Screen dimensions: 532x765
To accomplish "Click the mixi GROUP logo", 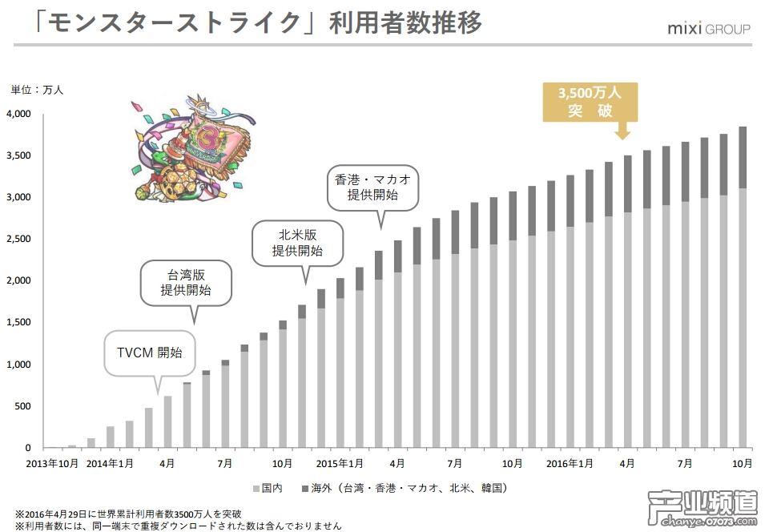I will pos(708,29).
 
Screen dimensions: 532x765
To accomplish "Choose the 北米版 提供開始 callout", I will pos(296,243).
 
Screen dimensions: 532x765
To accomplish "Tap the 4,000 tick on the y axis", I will pos(19,115).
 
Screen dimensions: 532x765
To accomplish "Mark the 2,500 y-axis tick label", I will pos(19,240).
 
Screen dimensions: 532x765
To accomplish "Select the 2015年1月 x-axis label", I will pos(339,463).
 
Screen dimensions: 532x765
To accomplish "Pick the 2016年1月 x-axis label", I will pos(570,463).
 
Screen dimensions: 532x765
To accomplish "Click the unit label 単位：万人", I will pos(37,90).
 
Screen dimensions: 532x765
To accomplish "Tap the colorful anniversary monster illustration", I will pos(192,150).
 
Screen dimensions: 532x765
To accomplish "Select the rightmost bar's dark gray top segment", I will pos(743,157).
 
